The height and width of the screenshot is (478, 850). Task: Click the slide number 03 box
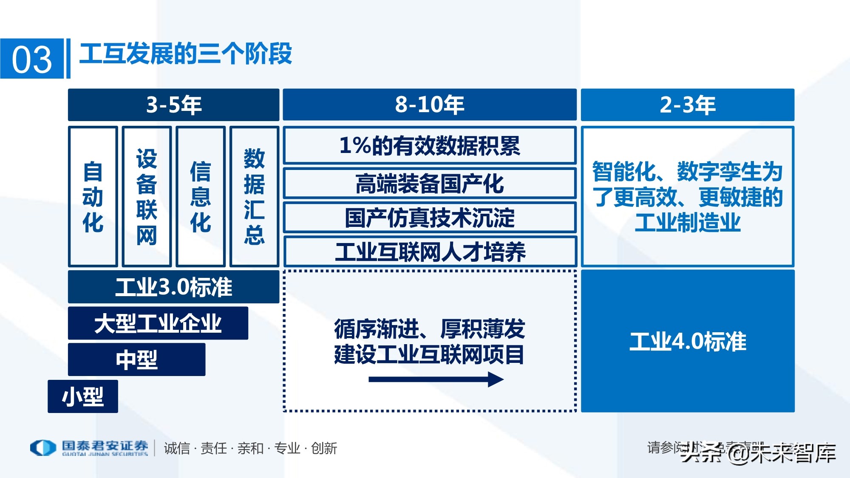[32, 59]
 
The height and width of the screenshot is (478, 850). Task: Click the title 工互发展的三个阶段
[185, 54]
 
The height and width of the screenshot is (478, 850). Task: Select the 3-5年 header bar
[173, 105]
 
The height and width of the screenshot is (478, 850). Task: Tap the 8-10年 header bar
[429, 105]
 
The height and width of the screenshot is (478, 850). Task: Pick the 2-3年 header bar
[687, 105]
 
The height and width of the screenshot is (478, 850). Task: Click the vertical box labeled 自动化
[93, 196]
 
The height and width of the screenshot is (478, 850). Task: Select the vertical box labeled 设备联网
[147, 196]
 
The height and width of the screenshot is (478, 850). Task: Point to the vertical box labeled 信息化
[201, 196]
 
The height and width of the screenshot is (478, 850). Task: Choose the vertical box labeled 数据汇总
[254, 196]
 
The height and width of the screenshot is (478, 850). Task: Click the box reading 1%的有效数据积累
[429, 145]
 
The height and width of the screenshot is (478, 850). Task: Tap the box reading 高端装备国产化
[429, 184]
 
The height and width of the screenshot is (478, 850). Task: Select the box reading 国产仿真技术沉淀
[429, 218]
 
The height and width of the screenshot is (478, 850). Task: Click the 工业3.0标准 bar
[173, 287]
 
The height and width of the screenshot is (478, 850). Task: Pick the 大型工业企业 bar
[158, 323]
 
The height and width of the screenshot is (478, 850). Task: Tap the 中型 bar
[136, 359]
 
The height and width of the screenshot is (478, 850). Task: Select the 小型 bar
[83, 396]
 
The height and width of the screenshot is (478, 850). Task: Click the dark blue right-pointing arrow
[436, 379]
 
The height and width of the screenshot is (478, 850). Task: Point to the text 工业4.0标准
[687, 341]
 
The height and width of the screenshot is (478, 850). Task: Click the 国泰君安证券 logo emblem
[43, 448]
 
